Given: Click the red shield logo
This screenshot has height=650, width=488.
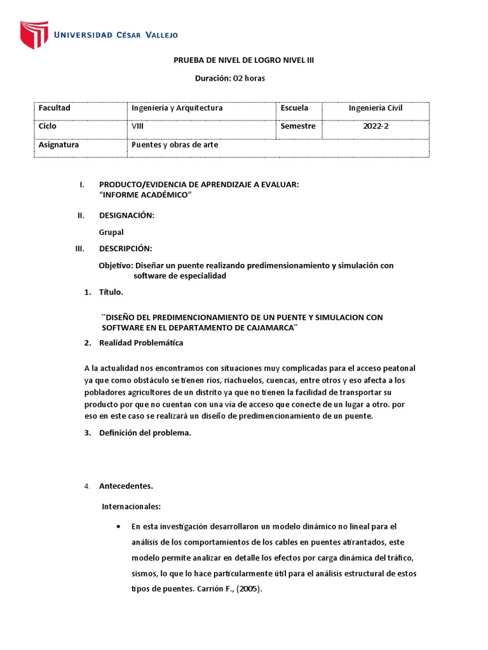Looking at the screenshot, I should [34, 35].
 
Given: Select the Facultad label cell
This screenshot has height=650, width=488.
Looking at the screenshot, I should [55, 108].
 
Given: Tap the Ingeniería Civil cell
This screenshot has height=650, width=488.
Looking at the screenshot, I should [376, 108].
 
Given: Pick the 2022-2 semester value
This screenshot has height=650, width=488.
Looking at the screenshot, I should [376, 126].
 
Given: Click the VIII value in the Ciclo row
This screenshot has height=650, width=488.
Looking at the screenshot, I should [137, 126].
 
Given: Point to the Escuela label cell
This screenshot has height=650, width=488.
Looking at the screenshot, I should [294, 108].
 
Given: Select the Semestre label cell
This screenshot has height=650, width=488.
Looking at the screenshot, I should [298, 126].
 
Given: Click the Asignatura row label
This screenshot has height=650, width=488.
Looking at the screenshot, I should [59, 145].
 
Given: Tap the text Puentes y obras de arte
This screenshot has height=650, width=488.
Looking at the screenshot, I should [175, 145].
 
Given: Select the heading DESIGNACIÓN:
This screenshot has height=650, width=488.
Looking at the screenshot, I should [127, 215].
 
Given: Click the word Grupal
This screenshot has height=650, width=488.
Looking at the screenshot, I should [111, 232].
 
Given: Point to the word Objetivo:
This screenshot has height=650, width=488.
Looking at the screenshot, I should [116, 265].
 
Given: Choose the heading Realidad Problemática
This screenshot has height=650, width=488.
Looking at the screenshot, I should [141, 343].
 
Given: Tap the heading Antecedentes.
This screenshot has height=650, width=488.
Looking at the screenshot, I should [126, 486].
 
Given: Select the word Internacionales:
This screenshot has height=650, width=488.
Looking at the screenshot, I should [132, 507].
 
